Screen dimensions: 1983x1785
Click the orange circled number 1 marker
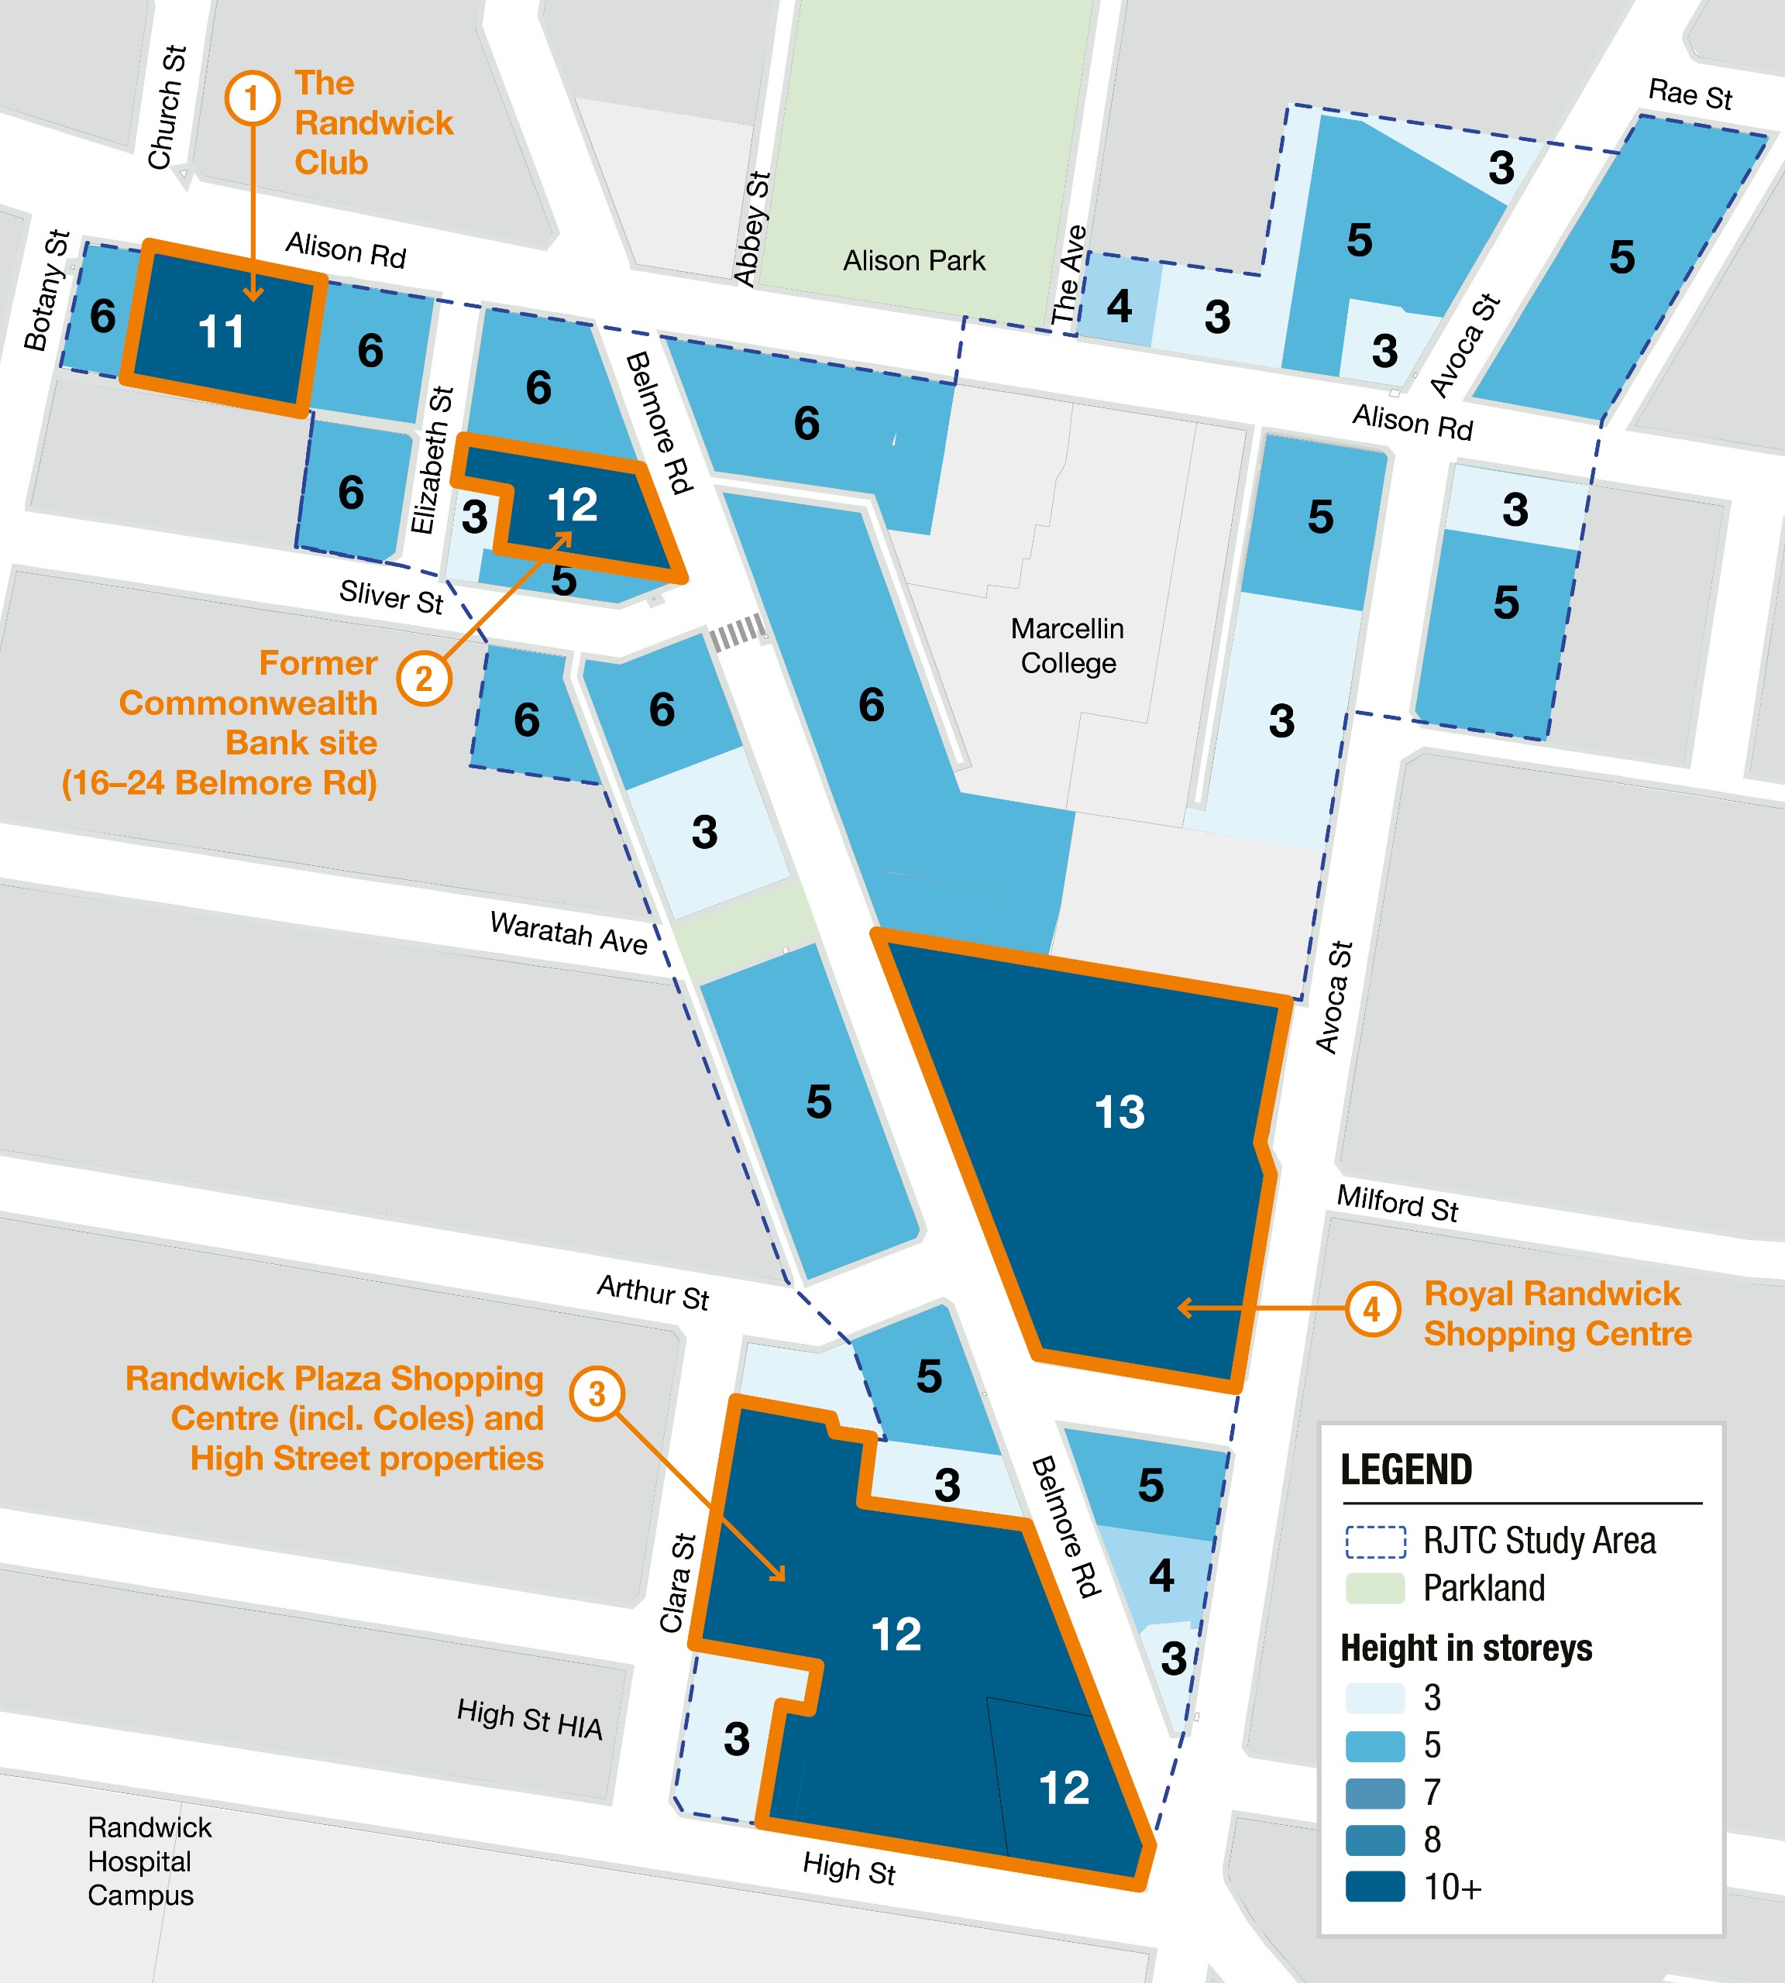tap(252, 98)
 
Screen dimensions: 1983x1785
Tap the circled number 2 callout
tap(424, 679)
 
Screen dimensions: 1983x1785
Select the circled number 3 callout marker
tap(597, 1394)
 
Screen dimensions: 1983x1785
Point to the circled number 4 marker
tap(1372, 1308)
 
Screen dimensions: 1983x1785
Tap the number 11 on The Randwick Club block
tap(222, 332)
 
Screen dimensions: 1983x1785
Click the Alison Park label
tap(914, 261)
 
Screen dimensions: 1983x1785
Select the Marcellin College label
tap(1068, 645)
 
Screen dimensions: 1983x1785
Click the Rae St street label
tap(1690, 95)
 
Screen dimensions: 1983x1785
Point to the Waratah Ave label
tap(569, 932)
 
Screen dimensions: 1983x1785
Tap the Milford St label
tap(1398, 1202)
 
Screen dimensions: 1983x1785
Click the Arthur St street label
tap(653, 1291)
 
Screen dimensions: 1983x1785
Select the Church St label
tap(167, 108)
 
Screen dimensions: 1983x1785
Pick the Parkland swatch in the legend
tap(1375, 1588)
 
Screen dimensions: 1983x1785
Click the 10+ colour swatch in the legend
tap(1375, 1887)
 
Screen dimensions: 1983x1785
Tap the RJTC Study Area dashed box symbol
tap(1375, 1541)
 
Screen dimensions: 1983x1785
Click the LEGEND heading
tap(1406, 1469)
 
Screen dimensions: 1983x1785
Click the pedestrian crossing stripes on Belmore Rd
tap(737, 633)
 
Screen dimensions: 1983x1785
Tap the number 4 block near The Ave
tap(1119, 306)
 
